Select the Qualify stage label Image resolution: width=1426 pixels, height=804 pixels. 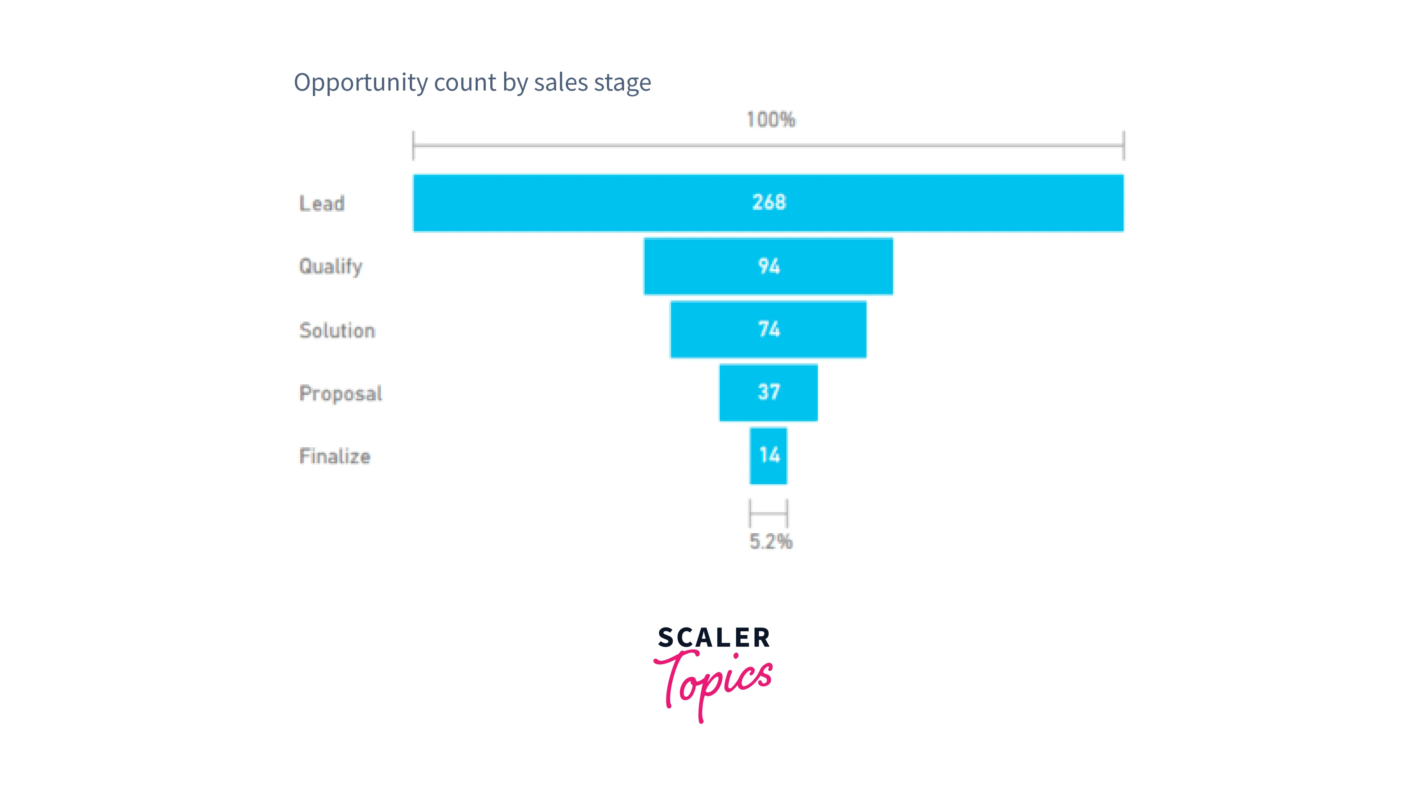coord(330,267)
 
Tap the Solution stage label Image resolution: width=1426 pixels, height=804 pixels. coord(337,330)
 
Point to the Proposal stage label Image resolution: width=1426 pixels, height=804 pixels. coord(341,394)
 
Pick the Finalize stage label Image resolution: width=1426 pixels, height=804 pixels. coord(334,456)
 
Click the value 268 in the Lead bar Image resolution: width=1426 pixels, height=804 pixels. coord(769,202)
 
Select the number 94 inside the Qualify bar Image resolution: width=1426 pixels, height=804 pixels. coord(769,266)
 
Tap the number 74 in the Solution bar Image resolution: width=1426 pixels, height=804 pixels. coord(769,329)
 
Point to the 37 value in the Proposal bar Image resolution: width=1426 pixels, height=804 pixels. coord(769,392)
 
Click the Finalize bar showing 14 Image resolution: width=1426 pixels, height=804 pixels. coord(768,456)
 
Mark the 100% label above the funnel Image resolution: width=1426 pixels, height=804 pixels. coord(770,119)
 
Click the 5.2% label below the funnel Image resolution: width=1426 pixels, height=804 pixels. coord(770,541)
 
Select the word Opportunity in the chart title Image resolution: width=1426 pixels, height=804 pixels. coord(361,83)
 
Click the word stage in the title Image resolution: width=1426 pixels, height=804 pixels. coord(623,83)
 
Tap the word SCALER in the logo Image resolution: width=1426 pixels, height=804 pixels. coord(713,638)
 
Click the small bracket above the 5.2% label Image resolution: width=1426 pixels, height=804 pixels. coord(768,513)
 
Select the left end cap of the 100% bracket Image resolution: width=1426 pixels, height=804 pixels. coord(414,145)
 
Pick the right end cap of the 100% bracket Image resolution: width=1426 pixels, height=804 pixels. coord(1124,145)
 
